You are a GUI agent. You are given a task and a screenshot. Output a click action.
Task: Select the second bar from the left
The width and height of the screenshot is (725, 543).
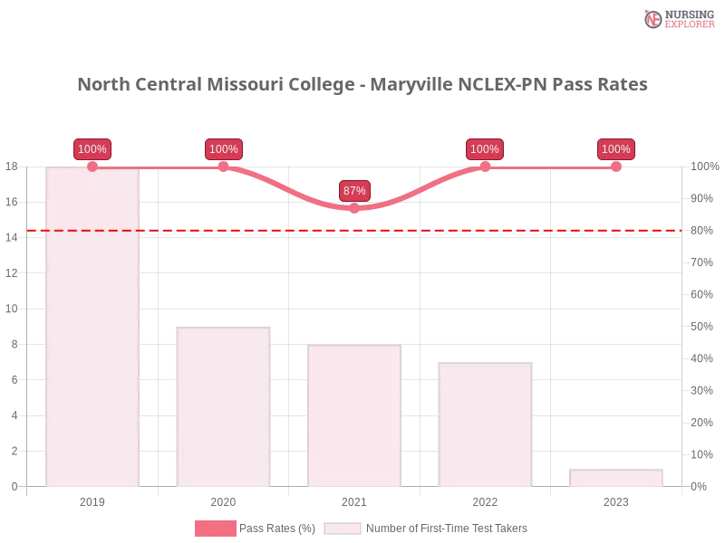[x=224, y=407]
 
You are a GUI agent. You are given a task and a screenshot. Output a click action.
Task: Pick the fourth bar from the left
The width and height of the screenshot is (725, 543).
[x=485, y=424]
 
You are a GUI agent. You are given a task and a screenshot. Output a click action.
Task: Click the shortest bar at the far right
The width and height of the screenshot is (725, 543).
[x=615, y=476]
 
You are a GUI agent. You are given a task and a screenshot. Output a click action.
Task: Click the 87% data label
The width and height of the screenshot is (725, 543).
[x=354, y=191]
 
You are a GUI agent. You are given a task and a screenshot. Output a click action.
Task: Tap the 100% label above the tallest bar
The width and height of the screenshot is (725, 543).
[x=92, y=149]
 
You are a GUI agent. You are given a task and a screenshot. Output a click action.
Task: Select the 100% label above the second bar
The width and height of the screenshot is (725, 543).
[x=223, y=149]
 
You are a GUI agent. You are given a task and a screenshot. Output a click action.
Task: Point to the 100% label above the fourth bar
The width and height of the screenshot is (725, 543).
[x=485, y=149]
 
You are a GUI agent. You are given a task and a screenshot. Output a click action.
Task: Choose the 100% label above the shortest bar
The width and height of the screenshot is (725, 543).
[x=615, y=149]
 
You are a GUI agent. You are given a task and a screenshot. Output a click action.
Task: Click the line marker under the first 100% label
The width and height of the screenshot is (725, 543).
[x=92, y=167]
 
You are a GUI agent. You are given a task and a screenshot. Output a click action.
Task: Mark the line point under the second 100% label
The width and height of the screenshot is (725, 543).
[x=224, y=167]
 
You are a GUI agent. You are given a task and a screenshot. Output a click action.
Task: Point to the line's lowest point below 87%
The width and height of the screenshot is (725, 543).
[x=354, y=209]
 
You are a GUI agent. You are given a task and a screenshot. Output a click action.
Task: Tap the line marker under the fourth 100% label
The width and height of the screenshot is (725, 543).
[x=485, y=167]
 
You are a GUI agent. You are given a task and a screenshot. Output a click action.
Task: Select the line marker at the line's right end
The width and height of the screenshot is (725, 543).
[x=616, y=167]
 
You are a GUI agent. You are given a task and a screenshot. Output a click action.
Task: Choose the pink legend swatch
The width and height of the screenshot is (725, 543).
[x=215, y=529]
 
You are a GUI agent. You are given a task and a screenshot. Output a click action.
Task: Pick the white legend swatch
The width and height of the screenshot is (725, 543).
[x=343, y=529]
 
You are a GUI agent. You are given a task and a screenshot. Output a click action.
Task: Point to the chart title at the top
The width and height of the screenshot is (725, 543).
[x=362, y=85]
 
